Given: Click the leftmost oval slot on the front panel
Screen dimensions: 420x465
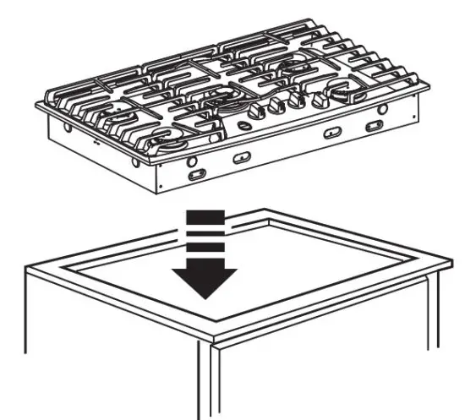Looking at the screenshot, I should tap(196, 173).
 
